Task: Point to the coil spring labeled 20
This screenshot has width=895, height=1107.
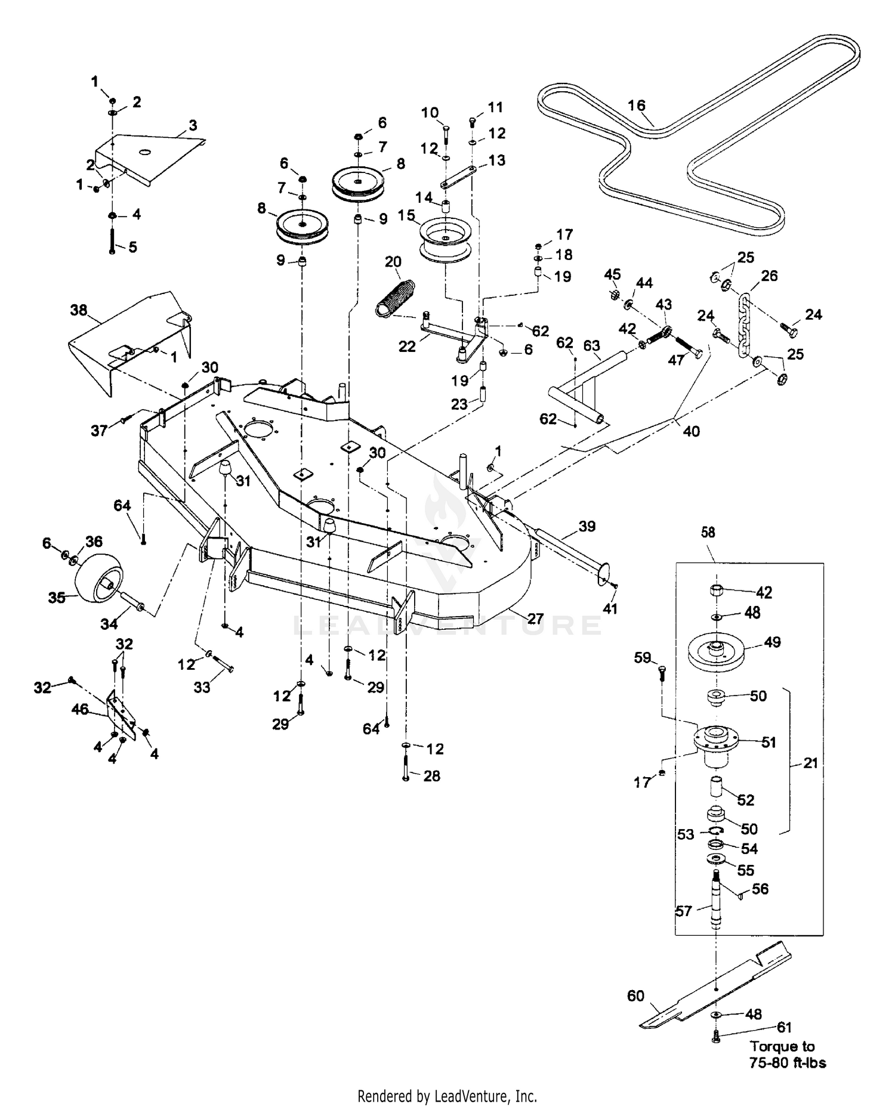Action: coord(396,296)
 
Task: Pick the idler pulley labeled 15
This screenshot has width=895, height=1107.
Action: coord(447,240)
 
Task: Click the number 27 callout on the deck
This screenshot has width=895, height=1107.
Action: coord(535,618)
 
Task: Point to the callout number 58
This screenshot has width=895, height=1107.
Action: coord(708,532)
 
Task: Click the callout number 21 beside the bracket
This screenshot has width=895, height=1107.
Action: coord(810,763)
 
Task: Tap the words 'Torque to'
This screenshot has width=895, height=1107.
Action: coord(782,1046)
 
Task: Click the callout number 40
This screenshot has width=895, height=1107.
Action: coord(691,431)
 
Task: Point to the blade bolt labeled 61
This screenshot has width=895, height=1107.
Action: coord(716,1038)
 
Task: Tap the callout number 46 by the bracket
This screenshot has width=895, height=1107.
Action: coord(80,709)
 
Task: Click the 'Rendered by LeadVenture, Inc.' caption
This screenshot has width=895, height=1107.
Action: coord(447,1096)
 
